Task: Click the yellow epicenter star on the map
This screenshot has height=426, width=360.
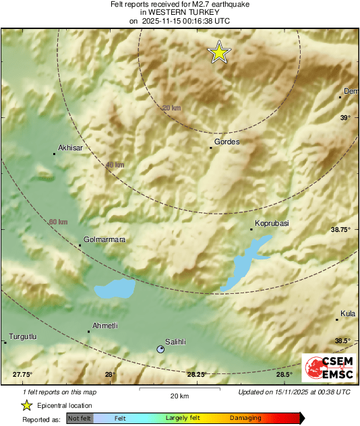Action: [x=218, y=53]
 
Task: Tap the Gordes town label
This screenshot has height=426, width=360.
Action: [x=227, y=142]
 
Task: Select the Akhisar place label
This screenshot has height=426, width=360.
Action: [x=70, y=147]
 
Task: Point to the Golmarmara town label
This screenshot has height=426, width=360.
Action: [x=104, y=239]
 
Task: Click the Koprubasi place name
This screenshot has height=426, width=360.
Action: [x=271, y=222]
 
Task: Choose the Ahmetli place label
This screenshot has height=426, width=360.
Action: [x=104, y=326]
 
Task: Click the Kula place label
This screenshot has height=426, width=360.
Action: [x=348, y=313]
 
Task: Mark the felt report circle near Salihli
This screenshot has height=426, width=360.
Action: [x=160, y=349]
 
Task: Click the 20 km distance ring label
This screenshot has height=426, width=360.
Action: [x=172, y=108]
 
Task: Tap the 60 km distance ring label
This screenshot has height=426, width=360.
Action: [x=59, y=222]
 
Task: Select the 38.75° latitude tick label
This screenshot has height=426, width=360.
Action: [x=340, y=230]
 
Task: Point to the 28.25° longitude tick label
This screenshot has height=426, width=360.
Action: [x=196, y=375]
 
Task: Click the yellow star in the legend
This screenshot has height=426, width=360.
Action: [x=26, y=405]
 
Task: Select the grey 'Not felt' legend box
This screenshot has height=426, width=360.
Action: [x=80, y=419]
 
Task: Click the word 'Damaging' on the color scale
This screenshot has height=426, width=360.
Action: [x=245, y=419]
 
